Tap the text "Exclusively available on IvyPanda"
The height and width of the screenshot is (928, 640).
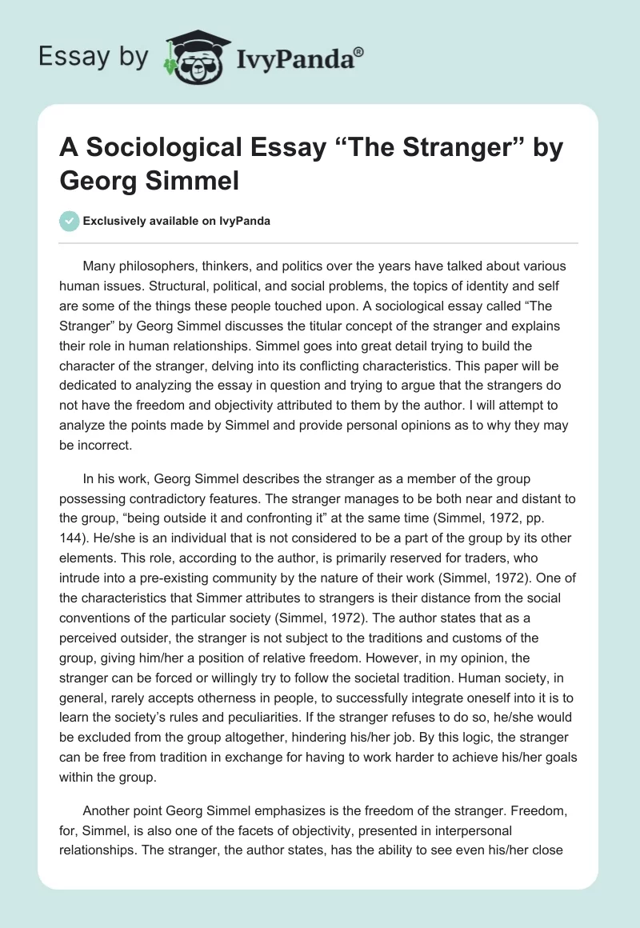(176, 221)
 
